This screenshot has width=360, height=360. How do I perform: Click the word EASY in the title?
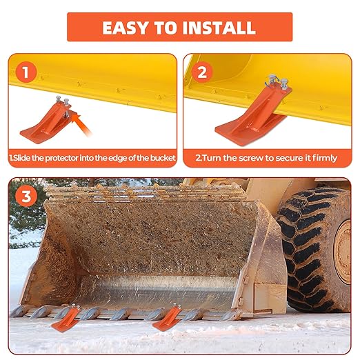click(x=126, y=28)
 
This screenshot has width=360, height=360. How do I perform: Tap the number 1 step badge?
click(x=26, y=72)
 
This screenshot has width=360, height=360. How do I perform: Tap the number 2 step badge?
click(x=203, y=72)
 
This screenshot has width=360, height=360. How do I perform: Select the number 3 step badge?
click(x=26, y=196)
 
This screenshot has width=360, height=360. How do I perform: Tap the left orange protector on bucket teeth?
click(x=66, y=318)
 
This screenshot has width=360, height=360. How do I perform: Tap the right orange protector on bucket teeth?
click(x=168, y=318)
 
